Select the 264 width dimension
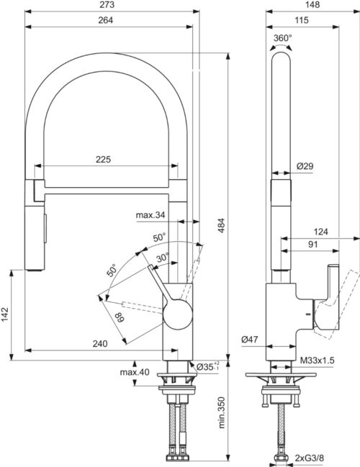106,20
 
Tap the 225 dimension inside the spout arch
103,159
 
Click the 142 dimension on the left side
5,314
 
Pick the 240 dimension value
100,344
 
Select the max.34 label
150,214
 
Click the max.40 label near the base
135,372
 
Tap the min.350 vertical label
221,412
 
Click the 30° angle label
163,258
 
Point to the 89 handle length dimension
120,317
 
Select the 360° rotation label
283,38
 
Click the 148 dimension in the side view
312,5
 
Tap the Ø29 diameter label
305,166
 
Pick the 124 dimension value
320,232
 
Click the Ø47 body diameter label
250,339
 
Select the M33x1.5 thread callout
317,361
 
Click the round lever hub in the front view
178,314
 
